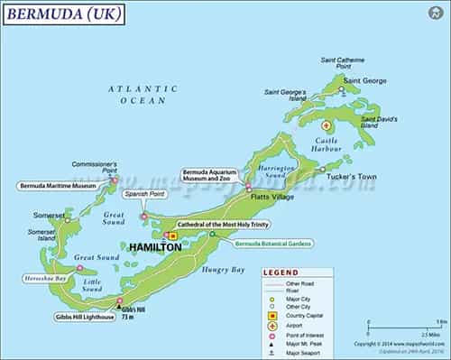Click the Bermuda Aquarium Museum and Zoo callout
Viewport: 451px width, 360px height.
(x=214, y=175)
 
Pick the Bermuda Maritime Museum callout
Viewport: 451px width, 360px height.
(x=57, y=186)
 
